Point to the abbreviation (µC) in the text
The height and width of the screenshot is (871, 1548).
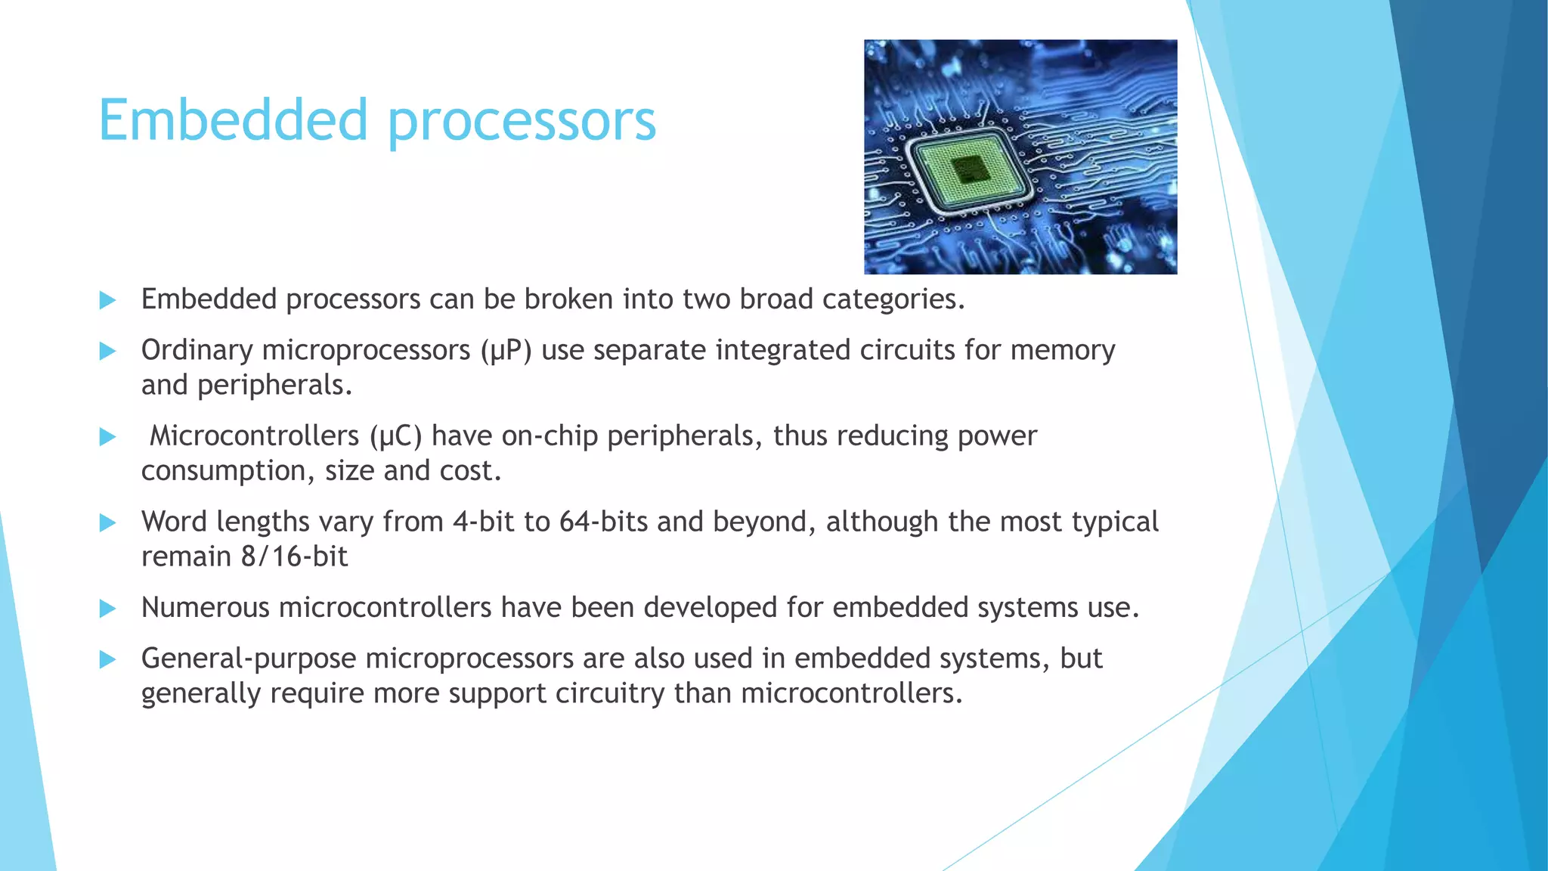click(x=395, y=436)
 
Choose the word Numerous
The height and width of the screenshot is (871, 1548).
click(x=205, y=608)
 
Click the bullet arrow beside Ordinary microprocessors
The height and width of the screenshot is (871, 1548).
click(x=108, y=351)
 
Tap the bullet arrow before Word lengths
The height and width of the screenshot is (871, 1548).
click(x=108, y=522)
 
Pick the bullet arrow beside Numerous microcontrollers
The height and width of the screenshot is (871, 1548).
click(x=108, y=609)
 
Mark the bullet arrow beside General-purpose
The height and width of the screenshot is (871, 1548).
click(x=108, y=659)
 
